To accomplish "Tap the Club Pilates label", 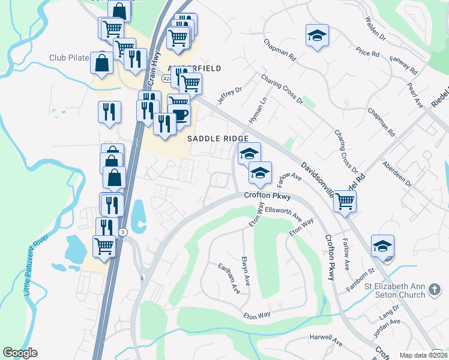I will pos(69,58).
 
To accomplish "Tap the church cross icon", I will pos(435,290).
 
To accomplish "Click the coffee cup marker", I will pos(179,113).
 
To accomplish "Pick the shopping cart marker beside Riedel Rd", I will pos(345,201).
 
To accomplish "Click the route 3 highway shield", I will pos(122,232).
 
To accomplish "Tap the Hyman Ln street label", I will pos(256,112).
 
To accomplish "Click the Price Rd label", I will pos(367,53).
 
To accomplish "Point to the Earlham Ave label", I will pos(229,279).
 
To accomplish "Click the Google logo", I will pos(20,353).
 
